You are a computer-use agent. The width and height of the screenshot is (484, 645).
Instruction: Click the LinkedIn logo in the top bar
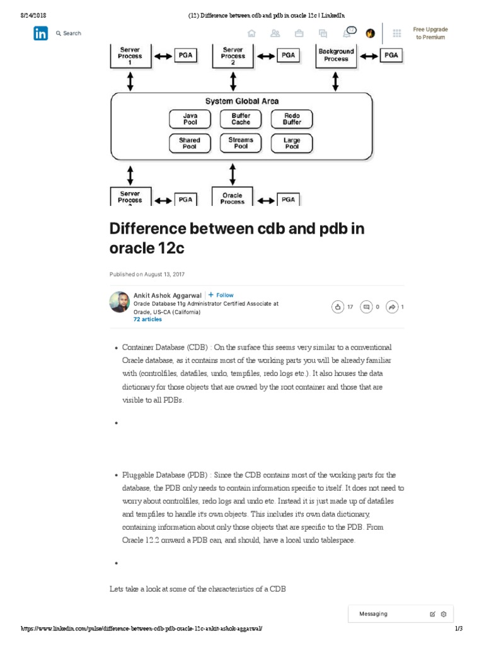41,34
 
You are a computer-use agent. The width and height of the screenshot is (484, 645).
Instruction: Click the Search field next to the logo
69,33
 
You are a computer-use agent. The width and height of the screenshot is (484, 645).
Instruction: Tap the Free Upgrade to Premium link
430,33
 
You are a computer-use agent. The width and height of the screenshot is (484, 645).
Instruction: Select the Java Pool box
190,119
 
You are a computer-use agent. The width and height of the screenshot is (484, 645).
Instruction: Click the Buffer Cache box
241,119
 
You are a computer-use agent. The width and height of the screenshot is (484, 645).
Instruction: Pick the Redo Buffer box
292,119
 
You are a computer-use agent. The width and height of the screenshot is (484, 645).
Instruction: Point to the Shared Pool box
190,144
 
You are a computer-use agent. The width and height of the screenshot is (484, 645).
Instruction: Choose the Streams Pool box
241,144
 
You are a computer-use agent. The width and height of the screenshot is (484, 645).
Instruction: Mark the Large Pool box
292,144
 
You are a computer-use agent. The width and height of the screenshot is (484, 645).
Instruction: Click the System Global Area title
241,101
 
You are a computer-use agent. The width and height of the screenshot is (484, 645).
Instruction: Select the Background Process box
336,55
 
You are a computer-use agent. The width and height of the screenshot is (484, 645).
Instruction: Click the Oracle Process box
233,198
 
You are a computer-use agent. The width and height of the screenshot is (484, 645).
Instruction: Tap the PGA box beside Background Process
391,55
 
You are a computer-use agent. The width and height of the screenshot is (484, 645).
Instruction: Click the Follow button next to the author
221,295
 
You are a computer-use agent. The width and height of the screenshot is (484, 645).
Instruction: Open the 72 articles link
147,319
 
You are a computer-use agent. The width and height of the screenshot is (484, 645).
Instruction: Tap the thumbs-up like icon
338,307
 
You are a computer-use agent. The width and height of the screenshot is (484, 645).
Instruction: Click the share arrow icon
392,307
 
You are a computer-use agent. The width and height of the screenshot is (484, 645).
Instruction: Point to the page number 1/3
458,629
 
